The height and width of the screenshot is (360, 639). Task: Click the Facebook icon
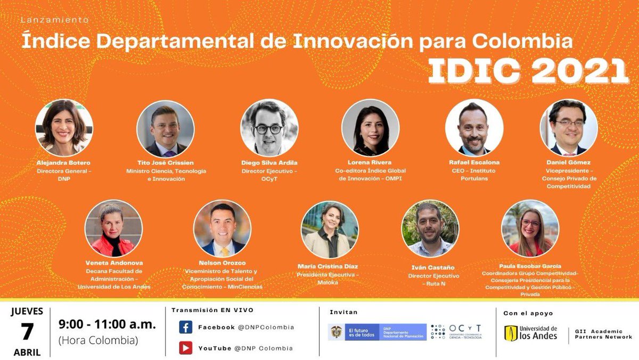tap(185, 327)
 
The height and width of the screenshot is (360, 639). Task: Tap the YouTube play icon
tap(185, 348)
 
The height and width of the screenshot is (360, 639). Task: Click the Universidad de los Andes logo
tap(531, 333)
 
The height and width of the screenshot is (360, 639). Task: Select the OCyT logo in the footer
tap(456, 331)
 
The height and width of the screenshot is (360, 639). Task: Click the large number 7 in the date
tap(27, 332)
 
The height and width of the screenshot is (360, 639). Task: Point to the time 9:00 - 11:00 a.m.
tap(107, 324)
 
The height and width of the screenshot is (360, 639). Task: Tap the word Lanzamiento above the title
tap(54, 20)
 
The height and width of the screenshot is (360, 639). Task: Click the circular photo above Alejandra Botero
tap(64, 128)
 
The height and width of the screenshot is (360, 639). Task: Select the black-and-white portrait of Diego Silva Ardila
tap(269, 128)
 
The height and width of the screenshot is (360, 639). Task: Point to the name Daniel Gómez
tap(568, 162)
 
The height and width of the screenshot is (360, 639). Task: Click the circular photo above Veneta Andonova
tap(113, 228)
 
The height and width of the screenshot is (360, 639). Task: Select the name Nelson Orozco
tap(222, 263)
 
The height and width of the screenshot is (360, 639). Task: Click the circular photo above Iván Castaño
tap(430, 230)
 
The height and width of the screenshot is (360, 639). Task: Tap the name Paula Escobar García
tap(530, 266)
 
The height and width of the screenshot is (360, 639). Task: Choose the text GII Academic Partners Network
tap(603, 334)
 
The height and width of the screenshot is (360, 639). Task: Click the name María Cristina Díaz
tap(327, 266)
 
